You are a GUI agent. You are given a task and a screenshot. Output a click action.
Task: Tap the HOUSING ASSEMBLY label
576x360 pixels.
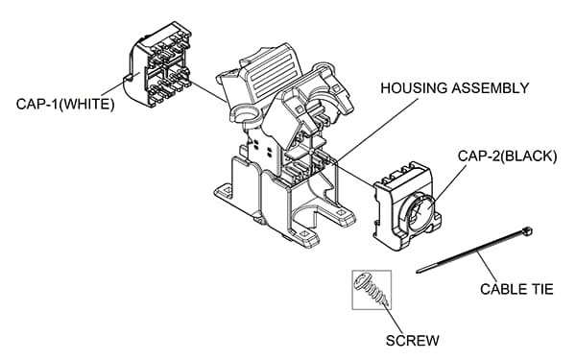point(454,88)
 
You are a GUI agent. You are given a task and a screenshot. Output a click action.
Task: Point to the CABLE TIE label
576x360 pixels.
point(508,287)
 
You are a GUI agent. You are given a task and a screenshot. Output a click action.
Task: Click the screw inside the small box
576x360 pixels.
point(371,287)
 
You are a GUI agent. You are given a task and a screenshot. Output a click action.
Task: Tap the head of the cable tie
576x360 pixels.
point(527,231)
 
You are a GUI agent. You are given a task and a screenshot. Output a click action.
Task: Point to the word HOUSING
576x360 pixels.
point(415,88)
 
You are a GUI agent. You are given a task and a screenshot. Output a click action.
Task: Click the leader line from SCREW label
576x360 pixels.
point(398,317)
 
